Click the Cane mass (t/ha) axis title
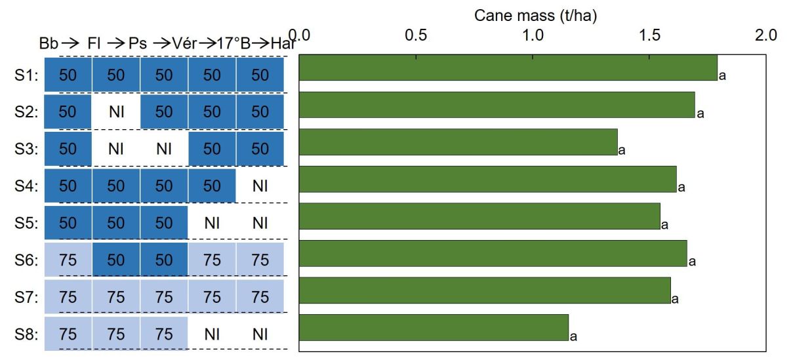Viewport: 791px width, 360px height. click(x=535, y=16)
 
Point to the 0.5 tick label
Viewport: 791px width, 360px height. click(x=416, y=35)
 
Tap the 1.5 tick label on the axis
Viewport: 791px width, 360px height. click(x=649, y=35)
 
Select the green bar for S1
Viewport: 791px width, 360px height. click(x=508, y=68)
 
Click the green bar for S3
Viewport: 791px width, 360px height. click(x=458, y=142)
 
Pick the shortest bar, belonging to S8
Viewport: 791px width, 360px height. click(x=434, y=327)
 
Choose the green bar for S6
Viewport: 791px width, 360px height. click(x=493, y=253)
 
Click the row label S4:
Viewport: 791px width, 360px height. click(x=26, y=186)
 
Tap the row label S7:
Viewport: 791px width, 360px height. click(x=26, y=297)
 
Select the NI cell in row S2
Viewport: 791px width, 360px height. click(x=116, y=112)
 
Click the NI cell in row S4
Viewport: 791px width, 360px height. click(x=260, y=186)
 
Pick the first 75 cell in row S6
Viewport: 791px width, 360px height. click(x=68, y=260)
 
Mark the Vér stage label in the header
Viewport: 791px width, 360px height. click(x=184, y=44)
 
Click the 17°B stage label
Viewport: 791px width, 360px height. click(x=233, y=44)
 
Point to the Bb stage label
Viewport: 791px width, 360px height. click(x=49, y=44)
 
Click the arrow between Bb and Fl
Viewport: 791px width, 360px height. click(x=70, y=44)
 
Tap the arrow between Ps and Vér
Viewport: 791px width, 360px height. click(x=162, y=44)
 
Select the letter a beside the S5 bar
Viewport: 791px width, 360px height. click(x=664, y=225)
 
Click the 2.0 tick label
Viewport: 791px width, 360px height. click(x=766, y=35)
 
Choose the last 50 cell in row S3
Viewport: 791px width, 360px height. click(x=260, y=149)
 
